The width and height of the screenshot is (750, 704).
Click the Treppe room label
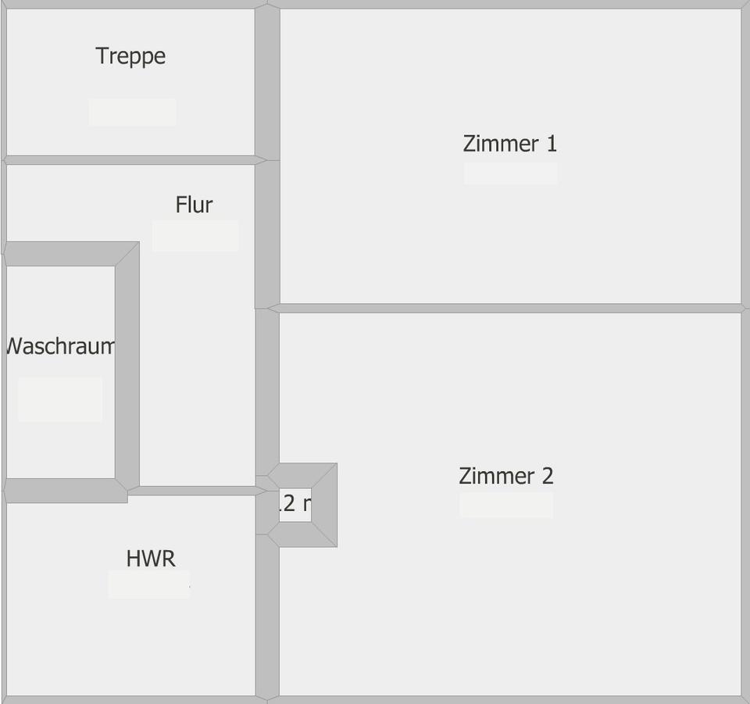(x=130, y=56)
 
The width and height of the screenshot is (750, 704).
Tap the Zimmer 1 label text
(x=509, y=144)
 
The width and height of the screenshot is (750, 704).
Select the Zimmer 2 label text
(x=506, y=476)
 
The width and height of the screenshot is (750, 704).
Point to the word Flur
(x=194, y=205)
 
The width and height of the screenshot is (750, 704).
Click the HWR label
(x=151, y=559)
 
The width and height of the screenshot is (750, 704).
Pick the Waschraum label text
(x=60, y=346)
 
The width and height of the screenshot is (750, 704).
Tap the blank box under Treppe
(x=131, y=113)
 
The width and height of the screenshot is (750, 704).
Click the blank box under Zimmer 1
(x=510, y=173)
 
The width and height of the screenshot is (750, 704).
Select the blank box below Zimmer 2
(x=506, y=506)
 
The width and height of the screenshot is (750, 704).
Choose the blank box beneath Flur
(x=195, y=236)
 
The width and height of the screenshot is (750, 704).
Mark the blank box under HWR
(x=148, y=584)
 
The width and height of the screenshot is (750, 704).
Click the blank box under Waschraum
(x=60, y=399)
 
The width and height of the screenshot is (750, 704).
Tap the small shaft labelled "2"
(x=295, y=505)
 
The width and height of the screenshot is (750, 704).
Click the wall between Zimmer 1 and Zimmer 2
(x=508, y=308)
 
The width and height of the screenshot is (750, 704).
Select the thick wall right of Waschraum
(x=127, y=367)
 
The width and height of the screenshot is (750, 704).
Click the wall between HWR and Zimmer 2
(x=267, y=617)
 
